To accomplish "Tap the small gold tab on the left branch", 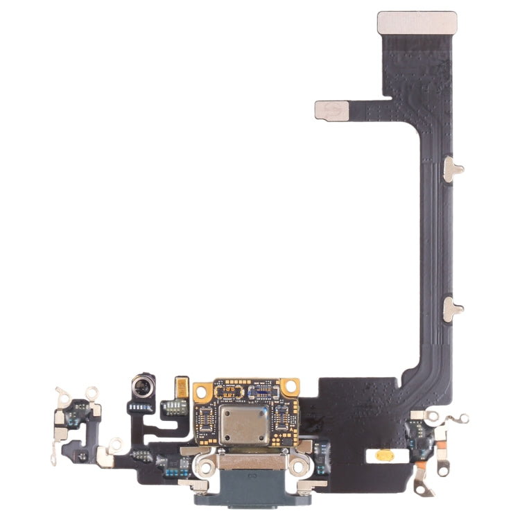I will click(x=331, y=110).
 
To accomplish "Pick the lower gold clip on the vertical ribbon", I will click(x=453, y=306).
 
